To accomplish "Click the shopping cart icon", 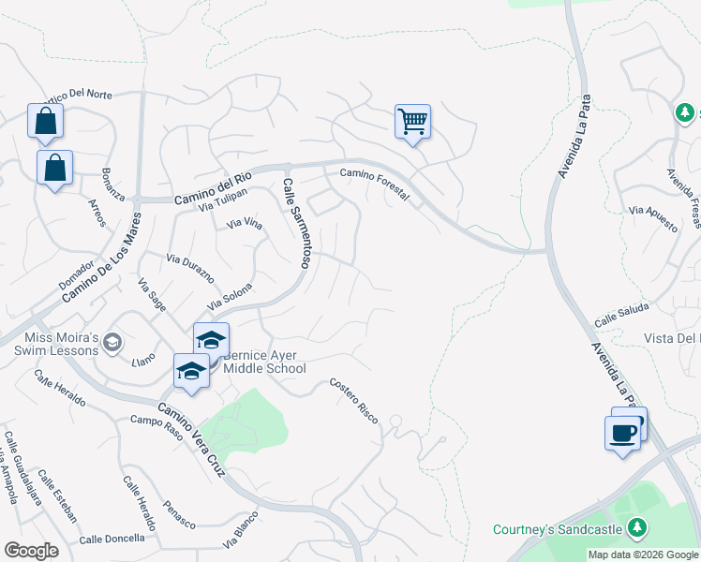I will (x=412, y=122).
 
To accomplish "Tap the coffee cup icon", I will (x=624, y=433).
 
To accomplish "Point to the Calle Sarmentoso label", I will (x=296, y=224).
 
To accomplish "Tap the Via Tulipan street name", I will (x=222, y=199).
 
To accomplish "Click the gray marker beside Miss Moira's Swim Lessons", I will (x=113, y=343).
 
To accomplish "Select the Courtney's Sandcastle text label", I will (x=559, y=529).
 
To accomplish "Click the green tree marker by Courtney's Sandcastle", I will (x=637, y=528).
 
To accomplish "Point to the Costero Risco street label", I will (x=354, y=401).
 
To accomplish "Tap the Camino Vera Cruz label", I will (x=191, y=440).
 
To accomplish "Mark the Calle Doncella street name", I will (x=112, y=539).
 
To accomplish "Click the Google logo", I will (x=31, y=551).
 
